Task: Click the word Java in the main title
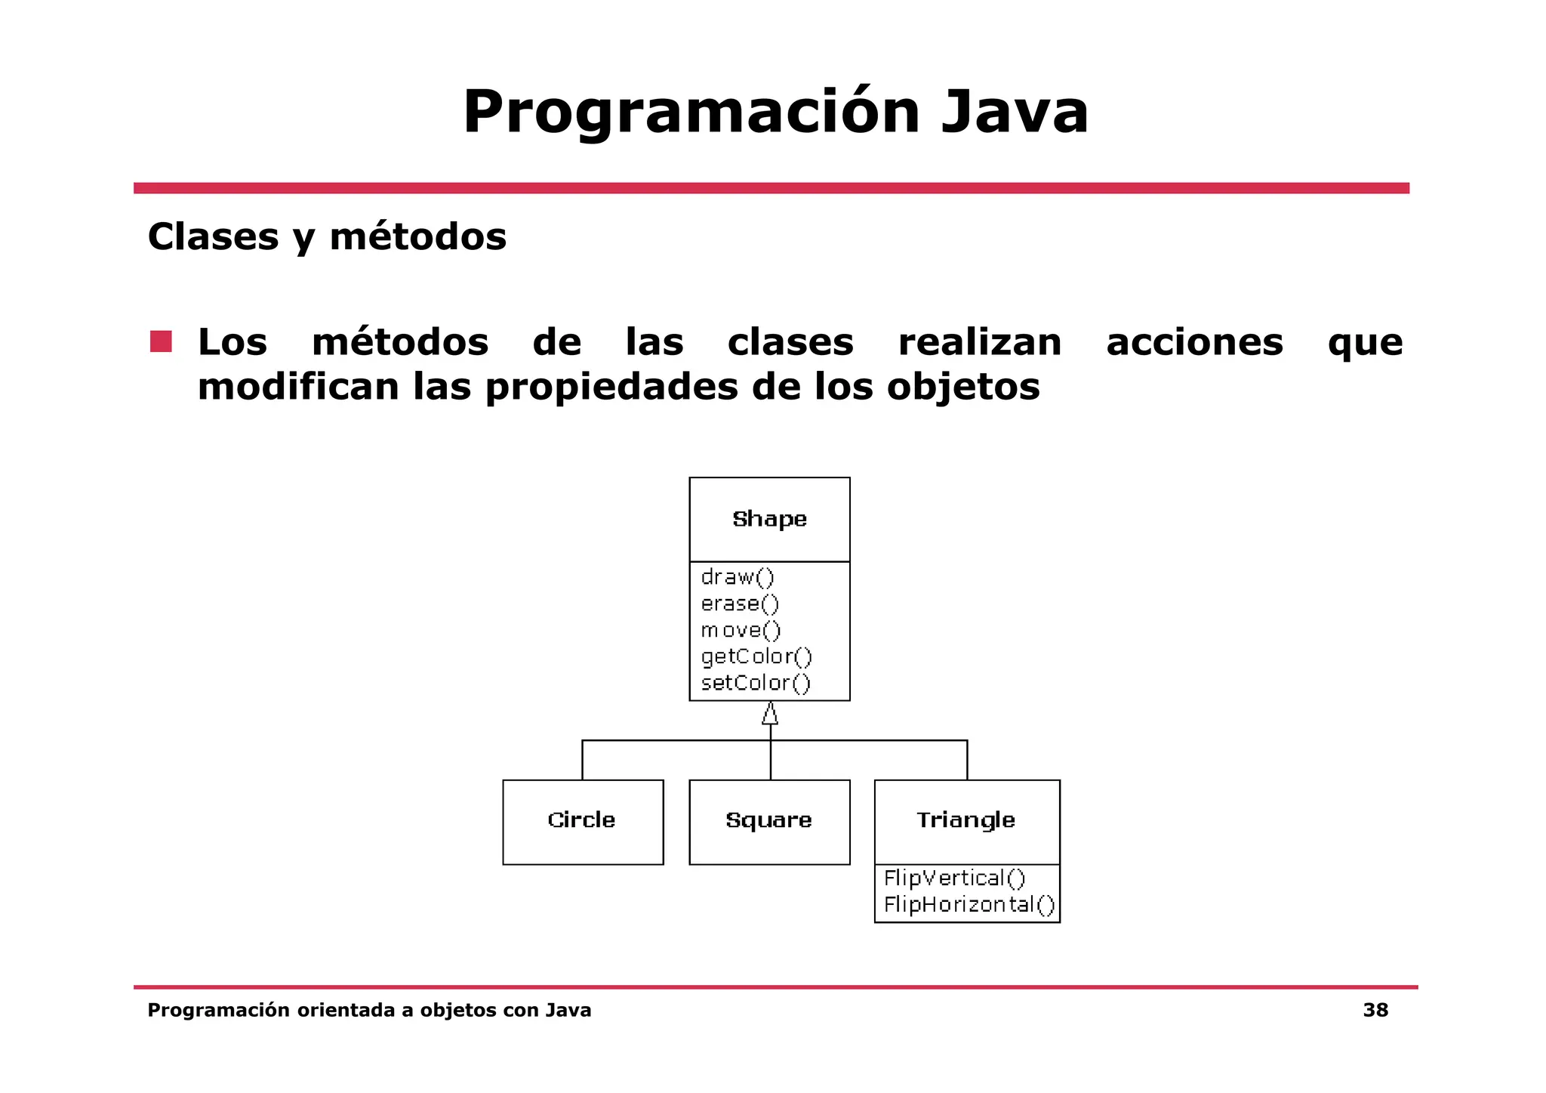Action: [1014, 113]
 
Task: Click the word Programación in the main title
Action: [690, 113]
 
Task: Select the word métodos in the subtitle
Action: [417, 237]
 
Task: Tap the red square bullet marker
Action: [161, 341]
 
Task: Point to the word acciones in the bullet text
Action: [1194, 342]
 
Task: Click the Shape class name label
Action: [769, 519]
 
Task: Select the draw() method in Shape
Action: [738, 577]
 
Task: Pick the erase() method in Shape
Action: [740, 604]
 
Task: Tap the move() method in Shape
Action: [741, 630]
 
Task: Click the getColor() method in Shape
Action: [756, 656]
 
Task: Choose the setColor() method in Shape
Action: [756, 683]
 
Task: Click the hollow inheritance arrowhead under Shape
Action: [770, 714]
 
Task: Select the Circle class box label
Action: [581, 820]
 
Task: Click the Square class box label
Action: [768, 820]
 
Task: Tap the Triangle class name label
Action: [965, 820]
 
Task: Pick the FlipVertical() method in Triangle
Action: [954, 878]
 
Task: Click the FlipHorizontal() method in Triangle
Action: [969, 905]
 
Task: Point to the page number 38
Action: [1375, 1011]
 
